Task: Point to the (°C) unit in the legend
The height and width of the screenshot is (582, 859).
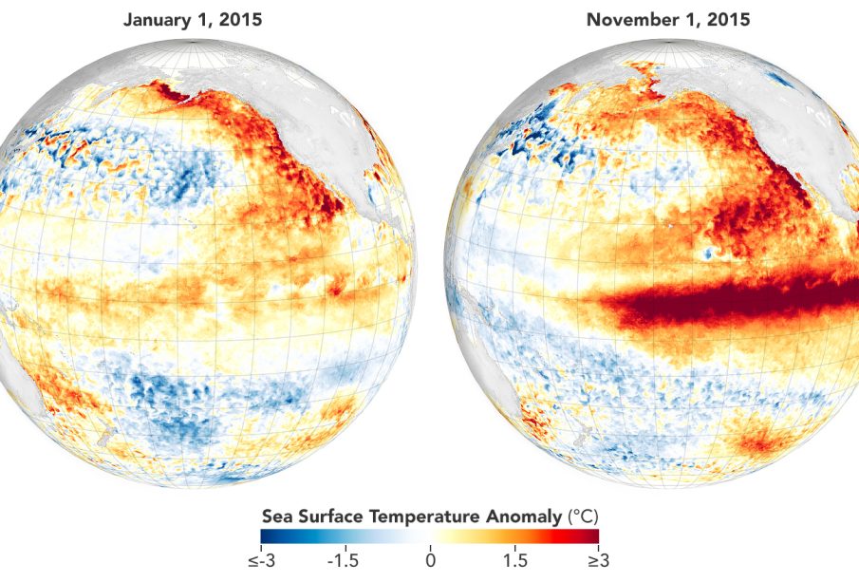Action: point(583,516)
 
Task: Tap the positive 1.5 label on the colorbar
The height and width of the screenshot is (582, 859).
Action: point(516,561)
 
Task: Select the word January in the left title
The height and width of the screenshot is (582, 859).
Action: point(158,19)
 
